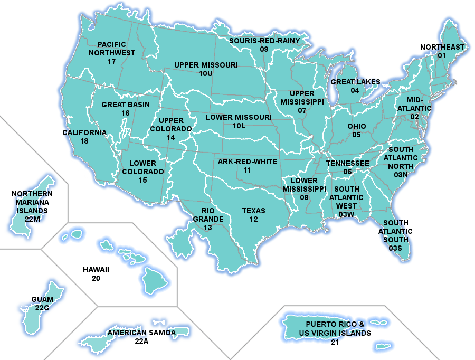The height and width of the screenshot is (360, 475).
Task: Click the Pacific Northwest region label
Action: point(111,49)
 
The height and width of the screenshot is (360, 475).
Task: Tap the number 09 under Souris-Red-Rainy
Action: point(264,49)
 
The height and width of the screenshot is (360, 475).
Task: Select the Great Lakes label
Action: point(355,82)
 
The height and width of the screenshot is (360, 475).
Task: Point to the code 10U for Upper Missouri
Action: point(206,74)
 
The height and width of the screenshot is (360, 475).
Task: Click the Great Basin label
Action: point(126,105)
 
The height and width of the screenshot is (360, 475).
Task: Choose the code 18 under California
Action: point(84,141)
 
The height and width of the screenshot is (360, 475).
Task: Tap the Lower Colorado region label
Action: point(143,167)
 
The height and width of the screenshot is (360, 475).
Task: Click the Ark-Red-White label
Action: point(247,162)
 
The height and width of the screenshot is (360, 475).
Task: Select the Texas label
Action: point(254,211)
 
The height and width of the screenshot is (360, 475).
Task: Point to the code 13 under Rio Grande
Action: point(208,228)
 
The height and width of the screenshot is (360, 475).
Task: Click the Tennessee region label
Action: point(347,163)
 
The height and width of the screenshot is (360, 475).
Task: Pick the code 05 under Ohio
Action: point(357,135)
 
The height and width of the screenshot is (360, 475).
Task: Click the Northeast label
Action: point(442,47)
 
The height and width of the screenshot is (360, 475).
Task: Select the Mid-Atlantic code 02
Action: point(415,117)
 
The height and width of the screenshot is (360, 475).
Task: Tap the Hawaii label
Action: point(96,270)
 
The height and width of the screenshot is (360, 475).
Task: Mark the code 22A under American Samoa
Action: point(141,342)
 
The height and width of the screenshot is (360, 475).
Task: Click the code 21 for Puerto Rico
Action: point(335,342)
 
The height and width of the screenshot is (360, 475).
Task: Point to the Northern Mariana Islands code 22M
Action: point(32,219)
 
